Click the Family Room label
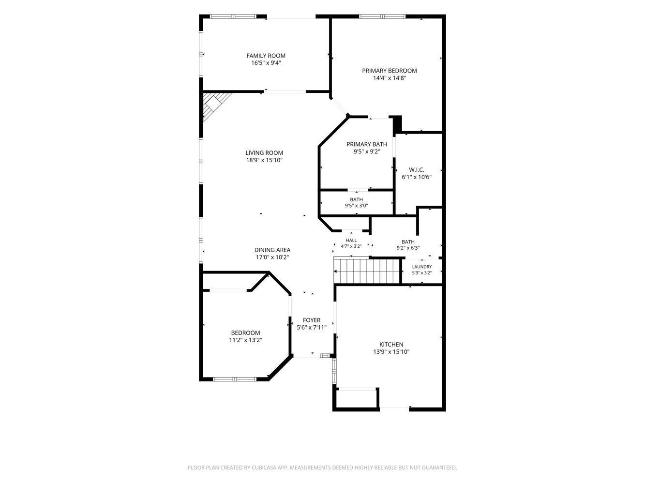coord(266,56)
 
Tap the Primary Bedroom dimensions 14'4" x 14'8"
coord(390,78)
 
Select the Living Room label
coord(264,153)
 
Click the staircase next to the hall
coord(367,271)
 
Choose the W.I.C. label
coord(417,170)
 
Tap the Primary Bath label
coord(367,144)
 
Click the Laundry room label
coord(421,267)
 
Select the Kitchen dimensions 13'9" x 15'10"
coord(391,352)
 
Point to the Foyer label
coord(312,320)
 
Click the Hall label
coord(351,241)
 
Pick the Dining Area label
coord(272,250)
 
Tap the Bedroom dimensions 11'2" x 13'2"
coord(245,340)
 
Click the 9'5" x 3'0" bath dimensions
coord(356,206)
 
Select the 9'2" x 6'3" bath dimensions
coord(408,248)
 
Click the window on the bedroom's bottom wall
coord(235,379)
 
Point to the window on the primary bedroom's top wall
coord(382,16)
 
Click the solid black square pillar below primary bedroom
coord(398,124)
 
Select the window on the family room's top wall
coord(233,16)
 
